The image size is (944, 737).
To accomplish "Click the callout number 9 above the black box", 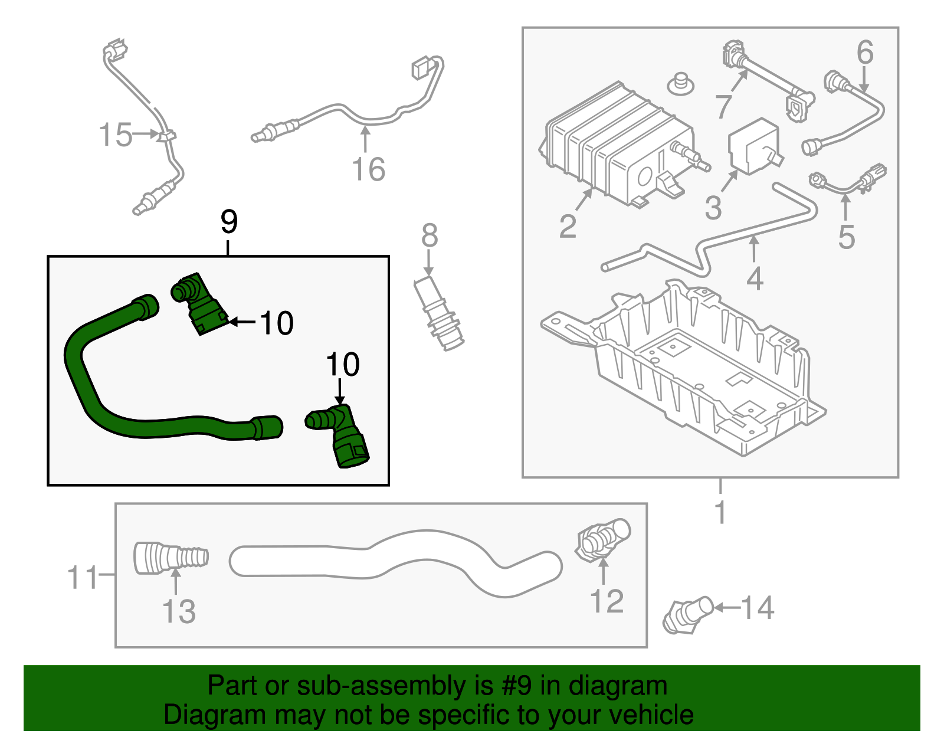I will click(x=229, y=222).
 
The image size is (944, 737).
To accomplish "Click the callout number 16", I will click(x=368, y=169).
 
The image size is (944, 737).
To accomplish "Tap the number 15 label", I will click(x=116, y=135).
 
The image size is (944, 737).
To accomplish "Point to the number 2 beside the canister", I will click(x=567, y=227).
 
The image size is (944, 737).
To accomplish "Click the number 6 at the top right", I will click(x=865, y=53).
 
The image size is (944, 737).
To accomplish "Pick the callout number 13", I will click(x=179, y=611).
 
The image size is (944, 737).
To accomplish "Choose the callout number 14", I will click(x=757, y=608).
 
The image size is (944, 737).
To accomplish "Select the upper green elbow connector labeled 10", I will click(x=199, y=304).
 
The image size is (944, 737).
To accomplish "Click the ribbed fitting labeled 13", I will click(x=170, y=558).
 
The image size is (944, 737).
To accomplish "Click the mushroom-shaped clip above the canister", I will click(x=680, y=84).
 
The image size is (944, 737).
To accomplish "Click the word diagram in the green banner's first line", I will click(x=618, y=686).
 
